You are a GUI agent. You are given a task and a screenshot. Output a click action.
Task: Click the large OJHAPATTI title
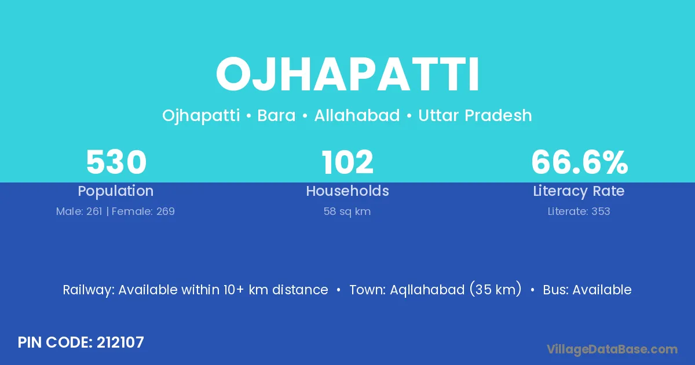348,75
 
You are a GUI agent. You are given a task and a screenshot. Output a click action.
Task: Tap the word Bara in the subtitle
276,115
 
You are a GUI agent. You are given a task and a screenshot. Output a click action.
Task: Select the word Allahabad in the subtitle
357,115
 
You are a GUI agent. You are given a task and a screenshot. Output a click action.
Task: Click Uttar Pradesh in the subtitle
475,115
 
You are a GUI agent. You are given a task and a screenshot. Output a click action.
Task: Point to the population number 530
116,162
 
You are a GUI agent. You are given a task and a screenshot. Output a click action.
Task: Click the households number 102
348,162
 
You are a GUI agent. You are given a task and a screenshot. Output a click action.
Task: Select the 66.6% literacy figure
580,162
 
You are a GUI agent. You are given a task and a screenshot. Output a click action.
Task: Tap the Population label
116,191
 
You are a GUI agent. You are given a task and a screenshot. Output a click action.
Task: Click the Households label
348,191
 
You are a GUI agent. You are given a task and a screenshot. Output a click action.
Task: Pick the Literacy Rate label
579,191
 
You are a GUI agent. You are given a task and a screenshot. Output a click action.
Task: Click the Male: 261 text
79,211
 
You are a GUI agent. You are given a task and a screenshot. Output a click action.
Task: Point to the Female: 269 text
143,211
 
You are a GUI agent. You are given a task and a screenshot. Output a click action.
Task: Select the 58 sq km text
347,211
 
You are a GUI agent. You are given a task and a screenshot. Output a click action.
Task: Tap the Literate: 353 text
579,211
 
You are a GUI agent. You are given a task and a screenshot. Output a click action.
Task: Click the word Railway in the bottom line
89,290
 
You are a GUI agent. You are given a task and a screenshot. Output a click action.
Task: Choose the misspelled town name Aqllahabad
427,290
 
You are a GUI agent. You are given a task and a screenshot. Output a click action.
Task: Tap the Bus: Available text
587,290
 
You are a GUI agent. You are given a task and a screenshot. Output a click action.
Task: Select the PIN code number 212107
120,342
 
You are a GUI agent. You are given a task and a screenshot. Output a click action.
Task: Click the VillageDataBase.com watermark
612,349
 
